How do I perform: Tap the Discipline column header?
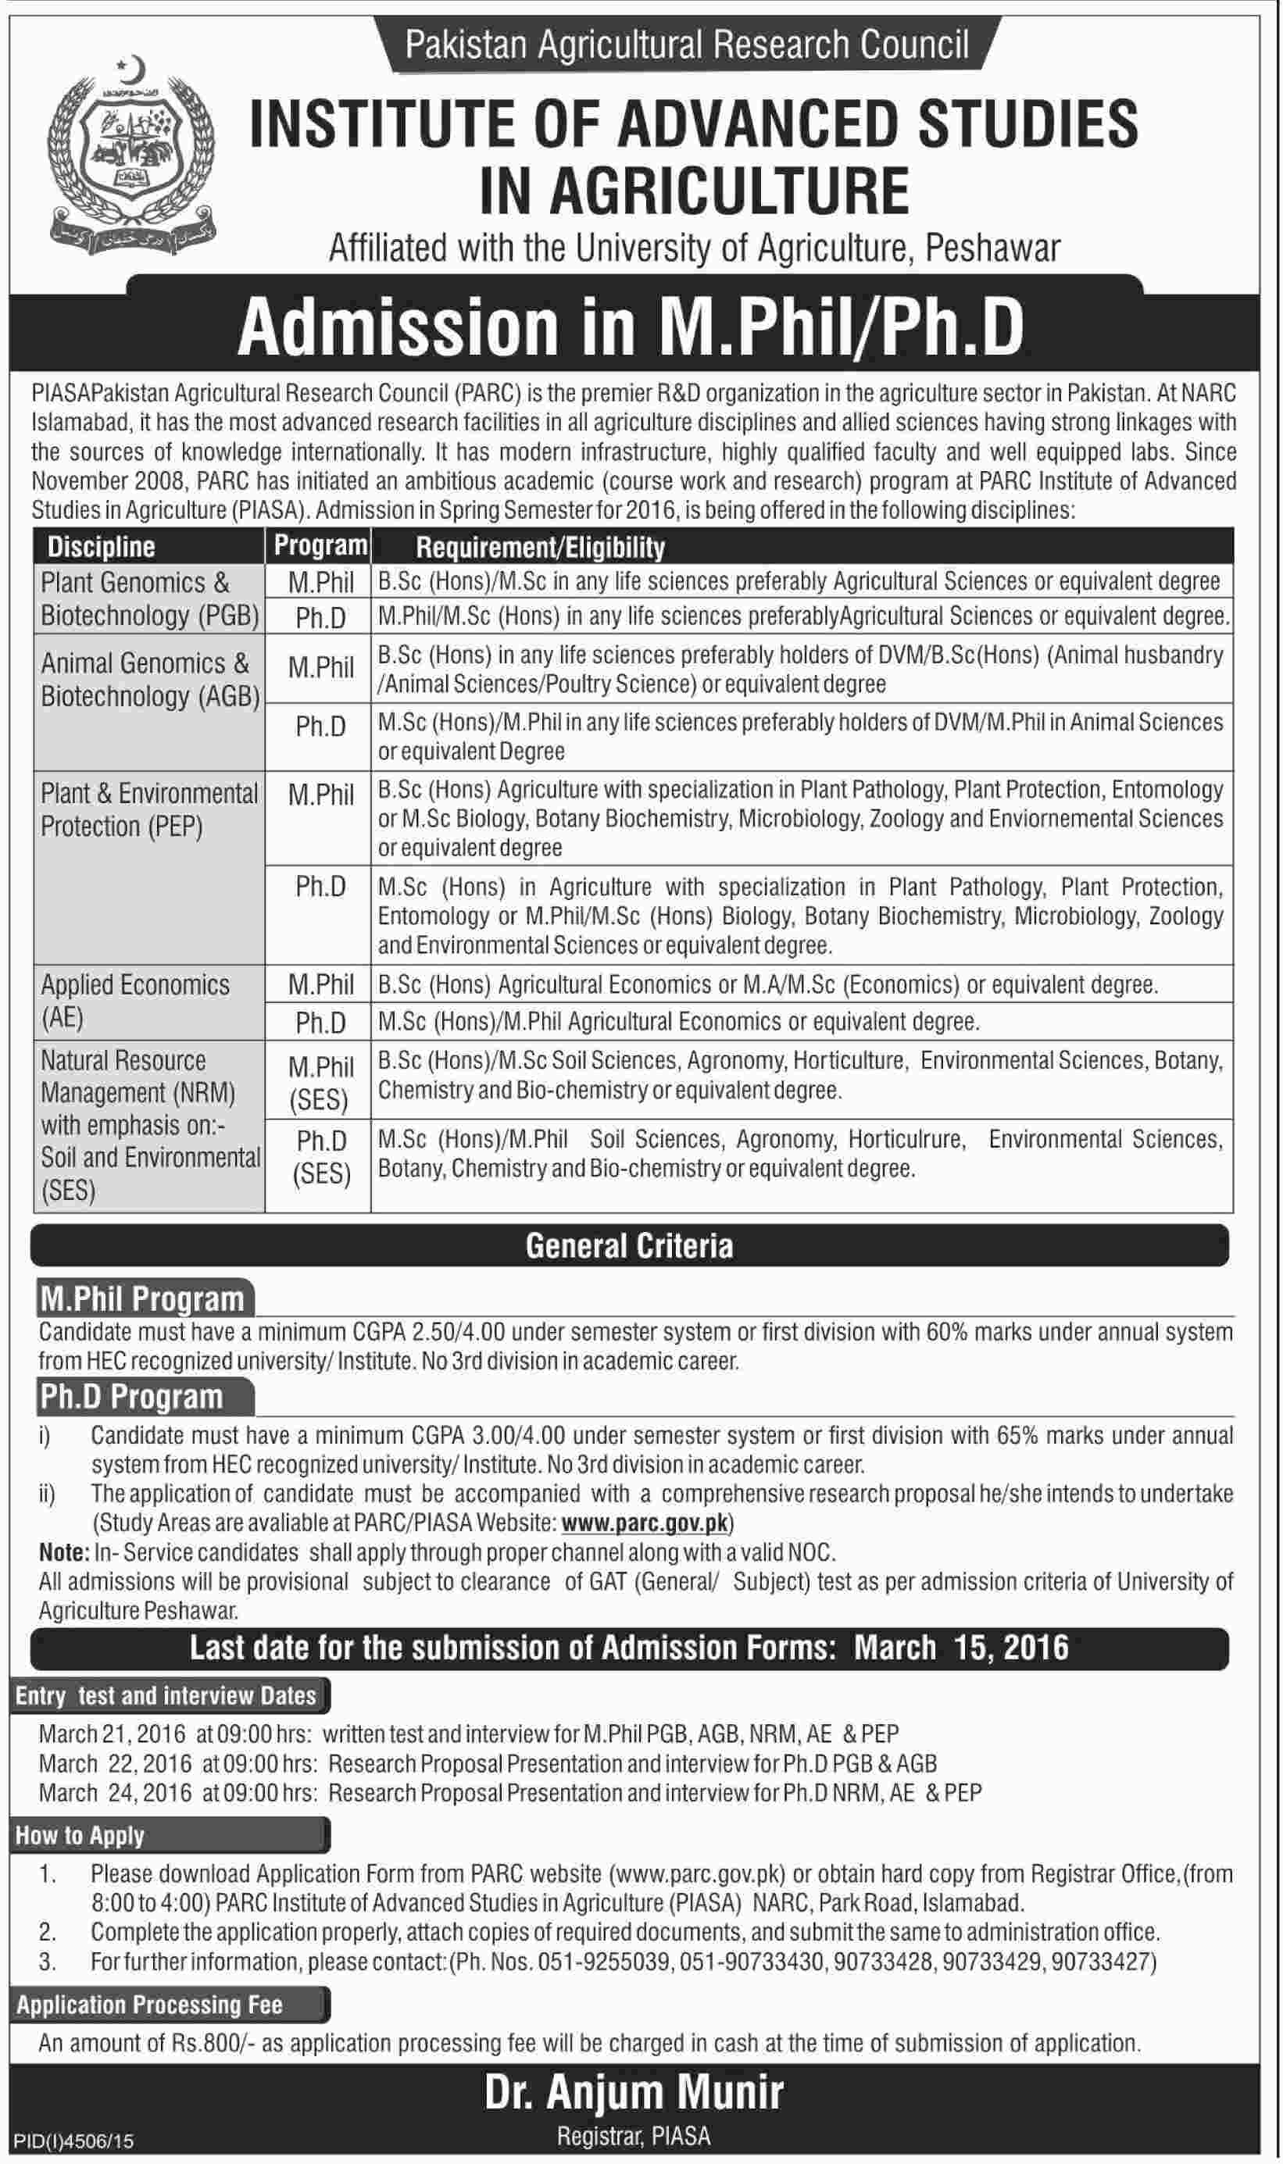coord(101,547)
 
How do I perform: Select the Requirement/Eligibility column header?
coord(541,547)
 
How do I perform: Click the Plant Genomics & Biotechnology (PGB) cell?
coord(149,599)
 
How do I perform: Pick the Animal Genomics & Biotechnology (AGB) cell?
coord(149,679)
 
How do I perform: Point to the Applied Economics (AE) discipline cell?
coord(135,1002)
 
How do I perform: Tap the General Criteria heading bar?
coord(630,1245)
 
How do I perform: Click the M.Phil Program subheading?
coord(143,1299)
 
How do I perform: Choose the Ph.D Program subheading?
coord(131,1397)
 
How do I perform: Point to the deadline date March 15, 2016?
coord(961,1647)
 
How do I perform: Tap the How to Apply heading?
coord(80,1836)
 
